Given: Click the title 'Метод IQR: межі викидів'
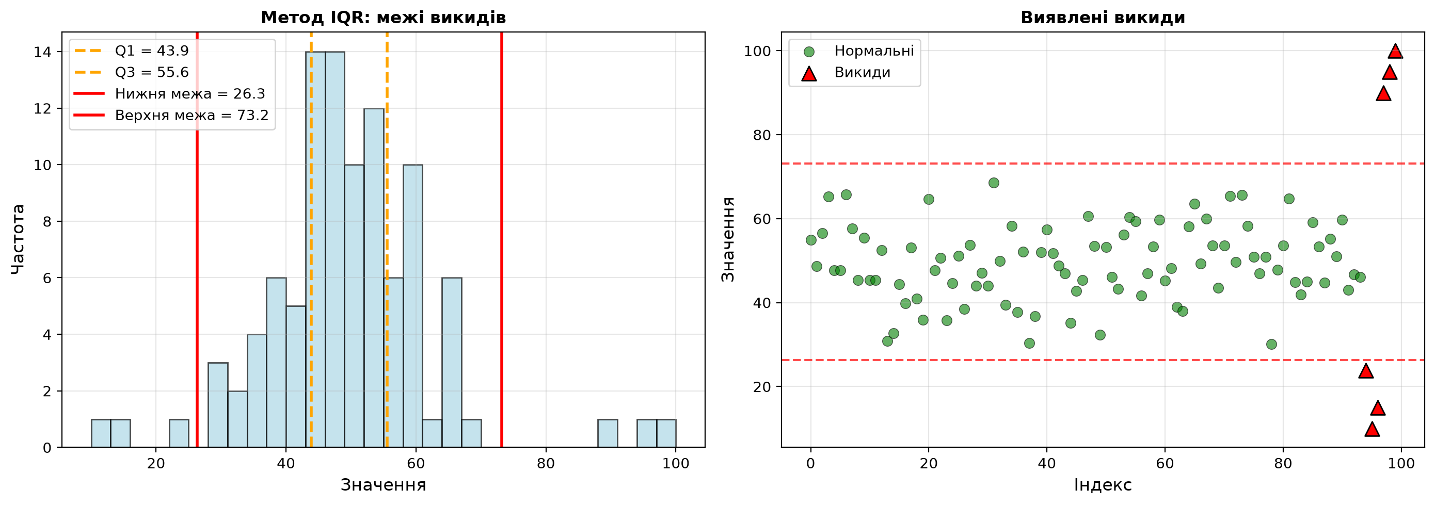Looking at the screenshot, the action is click(x=383, y=18).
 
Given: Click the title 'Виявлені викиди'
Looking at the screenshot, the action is click(x=1103, y=18).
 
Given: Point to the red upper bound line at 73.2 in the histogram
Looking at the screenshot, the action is click(x=501, y=239).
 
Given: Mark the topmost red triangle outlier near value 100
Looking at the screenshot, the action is click(x=1395, y=51).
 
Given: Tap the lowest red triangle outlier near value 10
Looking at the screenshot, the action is click(x=1372, y=429).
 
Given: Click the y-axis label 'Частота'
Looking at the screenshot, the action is click(x=19, y=239).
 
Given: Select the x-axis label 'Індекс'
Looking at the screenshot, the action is click(x=1103, y=485).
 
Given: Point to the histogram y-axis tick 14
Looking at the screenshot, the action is click(x=42, y=52).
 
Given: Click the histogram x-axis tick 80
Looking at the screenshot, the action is click(x=546, y=463).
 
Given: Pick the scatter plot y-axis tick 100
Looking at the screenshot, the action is click(x=757, y=51).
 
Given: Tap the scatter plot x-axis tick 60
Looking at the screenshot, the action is click(x=1165, y=463).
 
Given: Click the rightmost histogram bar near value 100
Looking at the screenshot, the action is click(x=666, y=433).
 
